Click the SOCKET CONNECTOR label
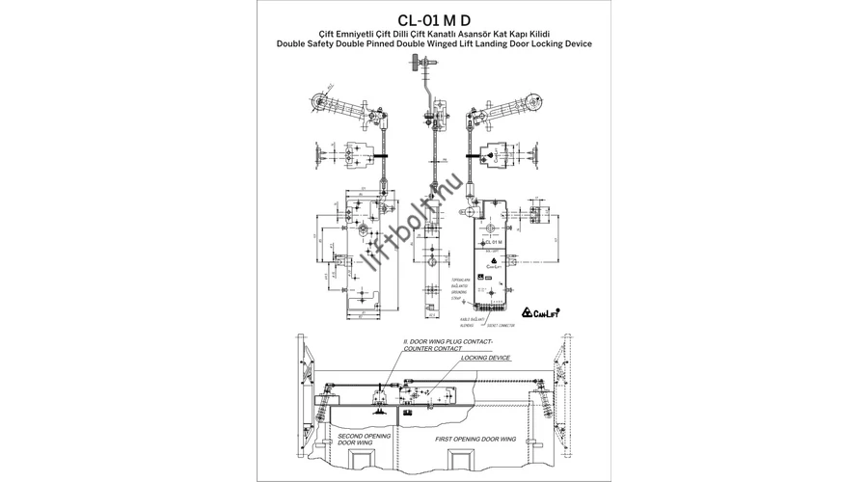point(501,326)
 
